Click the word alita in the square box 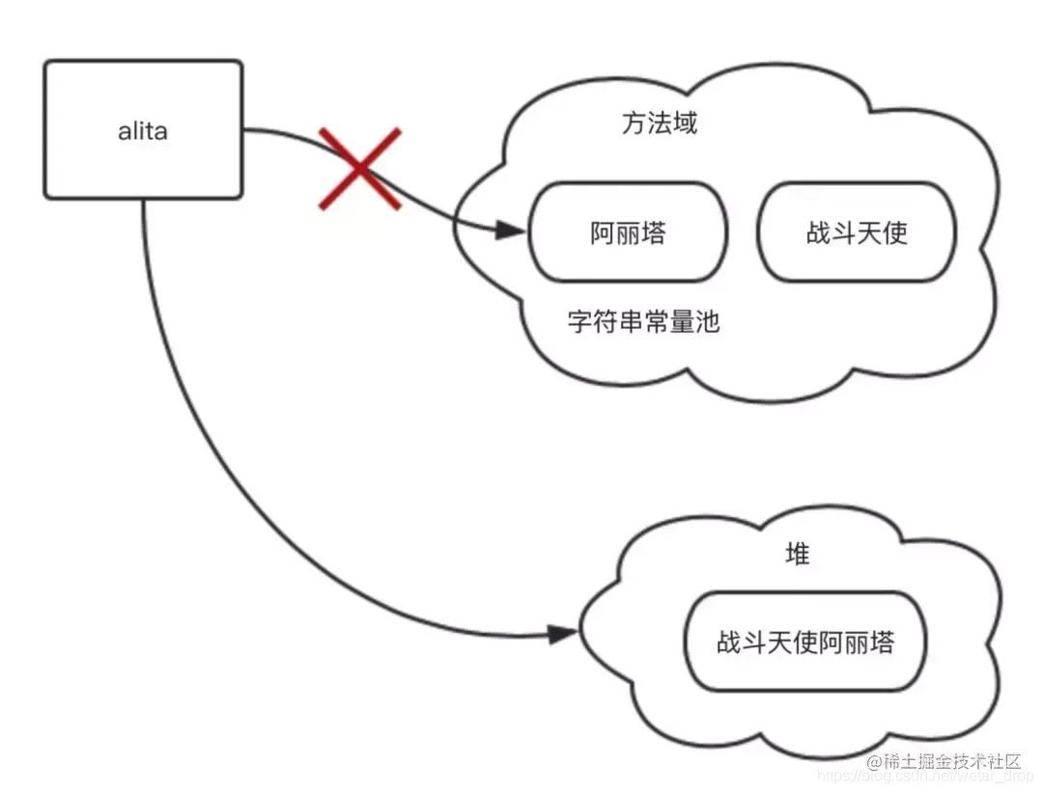pyautogui.click(x=142, y=131)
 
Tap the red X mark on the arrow pyautogui.click(x=359, y=169)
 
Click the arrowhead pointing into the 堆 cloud pyautogui.click(x=562, y=634)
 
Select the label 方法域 pyautogui.click(x=659, y=123)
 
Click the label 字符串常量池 pyautogui.click(x=643, y=321)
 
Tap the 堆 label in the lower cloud pyautogui.click(x=797, y=555)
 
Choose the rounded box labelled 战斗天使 pyautogui.click(x=857, y=233)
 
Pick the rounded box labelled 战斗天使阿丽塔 pyautogui.click(x=804, y=643)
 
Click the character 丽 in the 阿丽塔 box pyautogui.click(x=628, y=233)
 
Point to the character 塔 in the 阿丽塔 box pyautogui.click(x=654, y=233)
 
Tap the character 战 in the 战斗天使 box pyautogui.click(x=818, y=233)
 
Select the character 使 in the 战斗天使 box pyautogui.click(x=895, y=233)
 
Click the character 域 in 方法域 pyautogui.click(x=685, y=123)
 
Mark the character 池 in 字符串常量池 pyautogui.click(x=708, y=321)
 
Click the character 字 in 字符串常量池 pyautogui.click(x=579, y=321)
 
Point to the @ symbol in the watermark pyautogui.click(x=876, y=762)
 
